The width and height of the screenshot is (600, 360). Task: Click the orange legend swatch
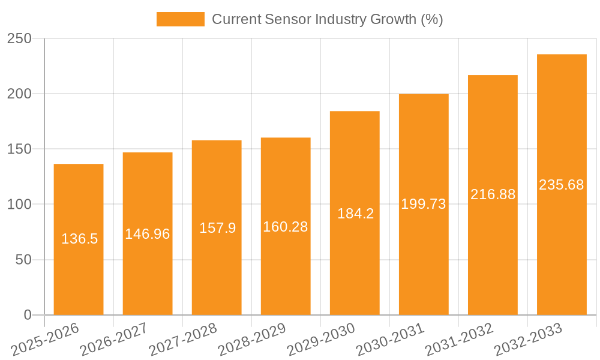(x=180, y=19)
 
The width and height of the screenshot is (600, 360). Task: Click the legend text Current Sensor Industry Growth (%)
(x=327, y=19)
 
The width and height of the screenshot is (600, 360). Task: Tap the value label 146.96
(x=148, y=234)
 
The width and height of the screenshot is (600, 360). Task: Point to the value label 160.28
(x=286, y=227)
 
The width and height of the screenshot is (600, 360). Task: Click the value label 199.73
(x=424, y=204)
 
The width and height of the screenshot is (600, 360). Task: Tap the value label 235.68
(x=562, y=185)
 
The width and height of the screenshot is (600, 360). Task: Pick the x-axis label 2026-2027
(x=114, y=339)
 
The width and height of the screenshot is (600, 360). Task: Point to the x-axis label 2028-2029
(x=251, y=339)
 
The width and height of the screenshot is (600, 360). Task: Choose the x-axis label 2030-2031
(x=389, y=339)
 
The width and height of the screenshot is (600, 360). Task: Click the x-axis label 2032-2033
(x=527, y=339)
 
